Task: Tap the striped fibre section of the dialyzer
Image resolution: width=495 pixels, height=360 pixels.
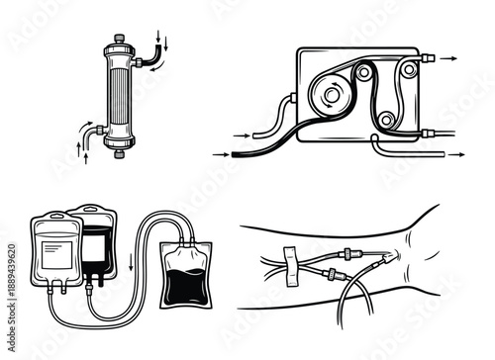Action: click(x=119, y=96)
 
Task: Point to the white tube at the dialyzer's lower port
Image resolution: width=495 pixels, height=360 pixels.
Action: click(x=91, y=130)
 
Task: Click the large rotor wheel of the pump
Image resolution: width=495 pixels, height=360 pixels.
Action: click(x=326, y=94)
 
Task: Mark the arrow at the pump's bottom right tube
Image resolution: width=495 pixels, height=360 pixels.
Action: click(x=456, y=155)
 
